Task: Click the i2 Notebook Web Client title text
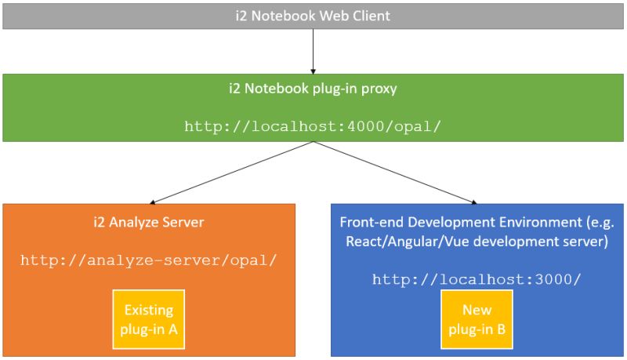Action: (x=313, y=16)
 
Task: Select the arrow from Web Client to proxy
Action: (x=313, y=51)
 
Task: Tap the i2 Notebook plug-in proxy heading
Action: (x=313, y=89)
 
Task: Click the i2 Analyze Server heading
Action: (x=149, y=222)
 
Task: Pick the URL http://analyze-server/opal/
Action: (x=149, y=260)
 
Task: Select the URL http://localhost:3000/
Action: (x=477, y=279)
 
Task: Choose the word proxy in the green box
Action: (x=380, y=89)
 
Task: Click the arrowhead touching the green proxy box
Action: (x=313, y=70)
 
